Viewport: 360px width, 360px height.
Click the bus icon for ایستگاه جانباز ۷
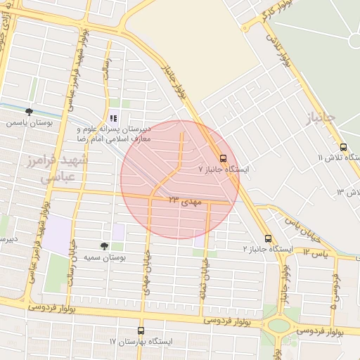[224, 158]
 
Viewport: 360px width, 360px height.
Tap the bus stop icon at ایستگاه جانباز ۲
[267, 238]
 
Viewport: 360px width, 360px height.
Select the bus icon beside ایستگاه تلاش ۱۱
[343, 148]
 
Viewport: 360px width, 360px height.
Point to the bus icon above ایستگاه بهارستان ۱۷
[141, 330]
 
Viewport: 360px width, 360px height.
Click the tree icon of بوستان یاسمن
[29, 111]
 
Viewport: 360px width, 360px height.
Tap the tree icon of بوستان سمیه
[104, 246]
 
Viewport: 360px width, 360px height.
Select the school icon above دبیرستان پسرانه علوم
[113, 119]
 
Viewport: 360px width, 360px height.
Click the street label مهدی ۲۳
[184, 201]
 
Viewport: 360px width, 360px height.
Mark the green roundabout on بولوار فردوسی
[280, 326]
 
